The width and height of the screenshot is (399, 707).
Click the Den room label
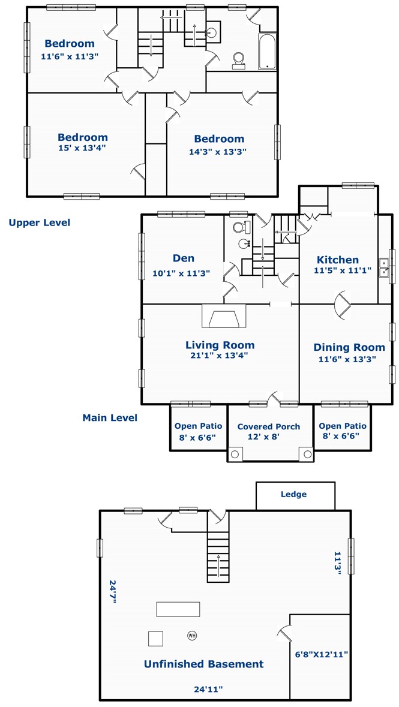[x=184, y=258]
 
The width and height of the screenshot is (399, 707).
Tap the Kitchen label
[x=338, y=260]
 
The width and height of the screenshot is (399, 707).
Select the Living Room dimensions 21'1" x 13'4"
[x=220, y=356]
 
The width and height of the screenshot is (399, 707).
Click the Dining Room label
[x=349, y=347]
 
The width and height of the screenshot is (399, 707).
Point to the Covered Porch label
[x=269, y=426]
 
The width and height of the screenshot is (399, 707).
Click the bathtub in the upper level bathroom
[x=267, y=52]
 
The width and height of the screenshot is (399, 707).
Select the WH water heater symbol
[x=192, y=636]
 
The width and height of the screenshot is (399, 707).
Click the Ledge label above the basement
[x=294, y=494]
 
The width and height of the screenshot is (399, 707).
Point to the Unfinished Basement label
[x=203, y=664]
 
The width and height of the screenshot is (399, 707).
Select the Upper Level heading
[x=39, y=222]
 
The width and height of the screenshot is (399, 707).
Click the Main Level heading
[x=110, y=418]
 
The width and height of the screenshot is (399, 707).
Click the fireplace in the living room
[x=223, y=315]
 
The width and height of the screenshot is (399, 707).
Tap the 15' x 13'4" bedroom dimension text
[x=83, y=148]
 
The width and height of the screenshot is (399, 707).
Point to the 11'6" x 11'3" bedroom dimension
[x=70, y=57]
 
